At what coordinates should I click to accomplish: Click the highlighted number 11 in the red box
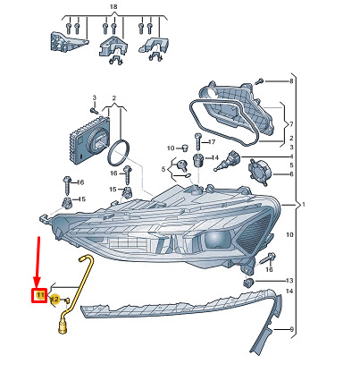pos(40,295)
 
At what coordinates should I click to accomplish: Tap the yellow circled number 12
pos(54,299)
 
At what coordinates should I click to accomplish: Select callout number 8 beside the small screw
pos(291,80)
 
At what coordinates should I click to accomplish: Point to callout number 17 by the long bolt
pos(212,142)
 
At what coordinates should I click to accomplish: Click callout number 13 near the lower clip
pos(289,281)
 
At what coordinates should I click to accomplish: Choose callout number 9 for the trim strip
pos(292,329)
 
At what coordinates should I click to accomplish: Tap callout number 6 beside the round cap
pos(291,173)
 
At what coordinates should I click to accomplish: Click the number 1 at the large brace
pos(303,205)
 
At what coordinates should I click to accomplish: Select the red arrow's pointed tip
pos(37,287)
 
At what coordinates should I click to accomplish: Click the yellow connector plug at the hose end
pos(63,327)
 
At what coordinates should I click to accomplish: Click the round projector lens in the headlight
pos(216,238)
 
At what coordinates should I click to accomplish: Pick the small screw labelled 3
pos(94,111)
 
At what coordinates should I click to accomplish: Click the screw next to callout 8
pos(260,80)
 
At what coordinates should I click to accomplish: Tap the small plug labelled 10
pos(184,148)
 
